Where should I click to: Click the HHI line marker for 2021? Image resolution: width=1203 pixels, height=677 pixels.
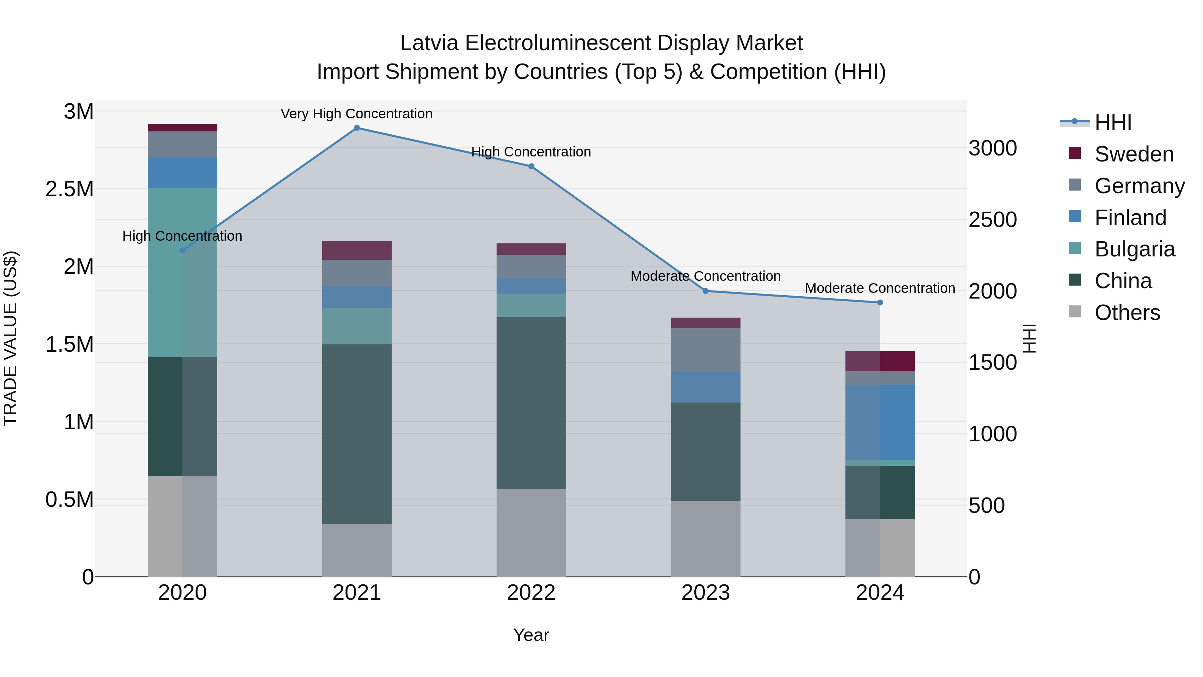click(x=357, y=128)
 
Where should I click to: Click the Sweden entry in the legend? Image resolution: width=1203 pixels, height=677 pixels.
click(x=1133, y=154)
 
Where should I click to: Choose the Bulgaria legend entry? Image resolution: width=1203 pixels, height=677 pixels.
click(x=1134, y=249)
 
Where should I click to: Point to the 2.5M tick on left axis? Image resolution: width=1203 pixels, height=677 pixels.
click(x=70, y=189)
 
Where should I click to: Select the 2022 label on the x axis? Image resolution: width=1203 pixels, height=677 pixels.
click(x=531, y=593)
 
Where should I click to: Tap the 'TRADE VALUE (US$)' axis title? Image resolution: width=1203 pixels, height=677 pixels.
click(x=10, y=338)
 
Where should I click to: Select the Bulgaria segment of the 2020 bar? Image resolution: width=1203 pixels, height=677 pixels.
click(x=182, y=272)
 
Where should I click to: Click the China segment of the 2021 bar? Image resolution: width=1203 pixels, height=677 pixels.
click(x=357, y=434)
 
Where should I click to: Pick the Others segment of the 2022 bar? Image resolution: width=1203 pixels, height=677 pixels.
click(x=531, y=533)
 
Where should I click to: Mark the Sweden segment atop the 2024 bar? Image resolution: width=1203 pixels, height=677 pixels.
click(x=880, y=361)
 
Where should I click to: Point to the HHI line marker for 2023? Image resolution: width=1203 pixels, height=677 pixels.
click(x=706, y=291)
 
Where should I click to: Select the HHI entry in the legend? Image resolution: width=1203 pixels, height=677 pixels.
click(x=1112, y=122)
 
